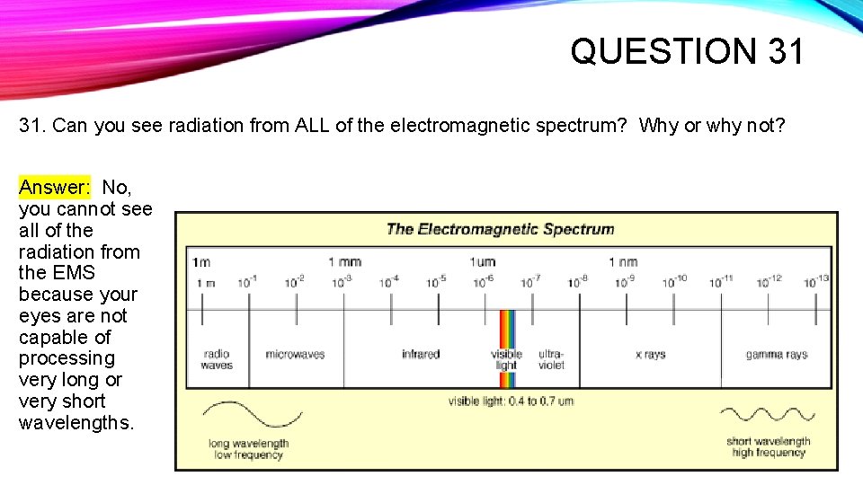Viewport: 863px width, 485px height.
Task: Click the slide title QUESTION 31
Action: (x=687, y=51)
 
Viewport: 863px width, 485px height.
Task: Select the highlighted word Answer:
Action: (x=55, y=188)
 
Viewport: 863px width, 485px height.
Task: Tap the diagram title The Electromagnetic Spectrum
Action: (x=500, y=229)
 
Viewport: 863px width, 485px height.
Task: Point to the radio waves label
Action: (x=217, y=360)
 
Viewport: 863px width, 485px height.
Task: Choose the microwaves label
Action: (x=295, y=355)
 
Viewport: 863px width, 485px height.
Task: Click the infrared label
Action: (x=421, y=355)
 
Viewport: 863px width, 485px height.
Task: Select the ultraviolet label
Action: (x=550, y=360)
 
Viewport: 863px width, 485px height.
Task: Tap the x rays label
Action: (x=650, y=355)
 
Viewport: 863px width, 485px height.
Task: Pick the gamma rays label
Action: (x=776, y=355)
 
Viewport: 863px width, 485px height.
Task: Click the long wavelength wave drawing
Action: (x=240, y=415)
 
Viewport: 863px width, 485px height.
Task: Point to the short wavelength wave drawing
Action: (x=768, y=415)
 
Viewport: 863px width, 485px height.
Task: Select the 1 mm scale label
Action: (x=344, y=262)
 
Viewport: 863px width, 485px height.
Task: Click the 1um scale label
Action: (x=483, y=262)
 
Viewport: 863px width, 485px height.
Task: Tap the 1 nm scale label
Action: (x=623, y=262)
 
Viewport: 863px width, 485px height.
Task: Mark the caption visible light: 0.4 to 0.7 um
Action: (x=511, y=401)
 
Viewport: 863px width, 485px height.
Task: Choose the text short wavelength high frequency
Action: (x=768, y=447)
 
